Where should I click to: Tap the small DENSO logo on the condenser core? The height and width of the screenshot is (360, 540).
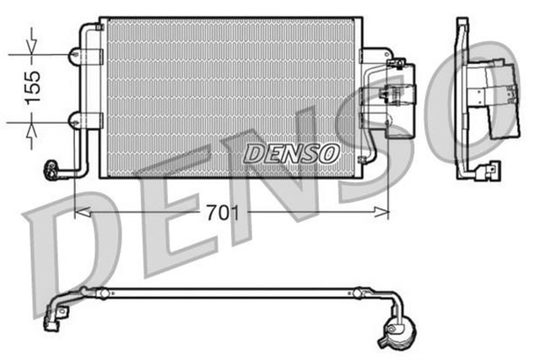click(x=291, y=153)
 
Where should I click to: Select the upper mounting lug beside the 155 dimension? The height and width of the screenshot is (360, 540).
click(x=76, y=56)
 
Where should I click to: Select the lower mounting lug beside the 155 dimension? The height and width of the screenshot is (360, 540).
click(x=76, y=120)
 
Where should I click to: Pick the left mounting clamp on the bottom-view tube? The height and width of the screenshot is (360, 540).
click(x=103, y=293)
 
